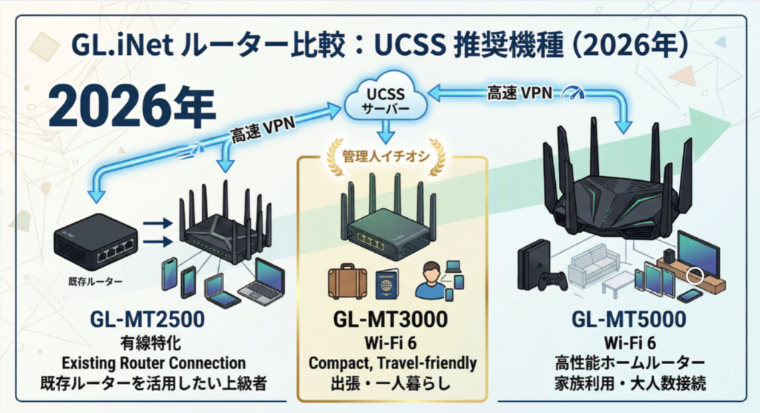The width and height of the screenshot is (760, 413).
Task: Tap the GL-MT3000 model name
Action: [391, 322]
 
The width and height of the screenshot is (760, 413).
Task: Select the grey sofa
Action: [594, 263]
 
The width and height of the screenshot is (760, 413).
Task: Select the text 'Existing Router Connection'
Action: [153, 363]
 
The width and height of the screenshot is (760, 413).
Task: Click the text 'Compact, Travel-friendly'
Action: [391, 363]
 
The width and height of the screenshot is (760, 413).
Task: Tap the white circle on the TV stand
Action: [695, 277]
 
